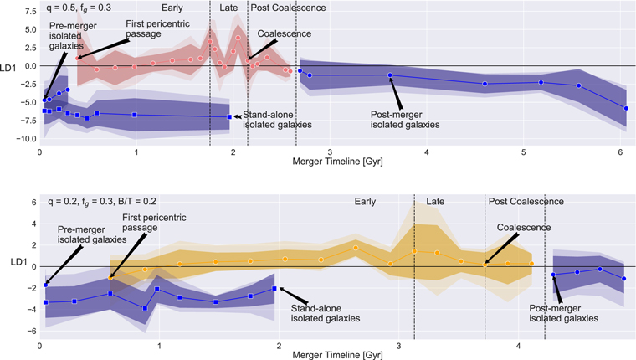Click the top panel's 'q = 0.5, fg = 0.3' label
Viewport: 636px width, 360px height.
[x=79, y=8]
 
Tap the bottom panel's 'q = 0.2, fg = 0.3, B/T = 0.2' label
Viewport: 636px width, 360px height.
[x=102, y=201]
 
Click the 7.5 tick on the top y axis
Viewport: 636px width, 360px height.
[x=31, y=12]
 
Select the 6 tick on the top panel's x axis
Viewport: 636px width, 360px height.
[x=620, y=152]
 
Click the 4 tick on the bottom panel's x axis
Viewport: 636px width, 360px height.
[x=518, y=347]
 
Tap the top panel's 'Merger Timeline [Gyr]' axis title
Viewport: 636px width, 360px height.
[x=337, y=162]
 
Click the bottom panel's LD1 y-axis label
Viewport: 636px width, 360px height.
[x=18, y=262]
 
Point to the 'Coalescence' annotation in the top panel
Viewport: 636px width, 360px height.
[x=285, y=33]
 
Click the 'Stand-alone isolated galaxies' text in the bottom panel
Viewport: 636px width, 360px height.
[x=326, y=313]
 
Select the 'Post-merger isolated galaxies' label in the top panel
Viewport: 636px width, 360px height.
[x=405, y=120]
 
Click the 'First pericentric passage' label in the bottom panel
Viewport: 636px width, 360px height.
[x=154, y=223]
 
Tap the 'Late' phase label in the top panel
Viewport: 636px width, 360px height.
[x=228, y=8]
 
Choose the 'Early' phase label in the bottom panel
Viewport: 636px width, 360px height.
[x=365, y=202]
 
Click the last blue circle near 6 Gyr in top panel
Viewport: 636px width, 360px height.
[x=626, y=108]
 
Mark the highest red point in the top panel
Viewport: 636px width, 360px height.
[x=238, y=38]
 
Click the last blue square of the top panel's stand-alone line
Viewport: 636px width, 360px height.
[x=229, y=117]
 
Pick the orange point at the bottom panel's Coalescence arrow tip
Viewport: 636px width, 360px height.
[x=485, y=265]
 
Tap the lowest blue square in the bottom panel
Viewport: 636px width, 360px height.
[x=145, y=308]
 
